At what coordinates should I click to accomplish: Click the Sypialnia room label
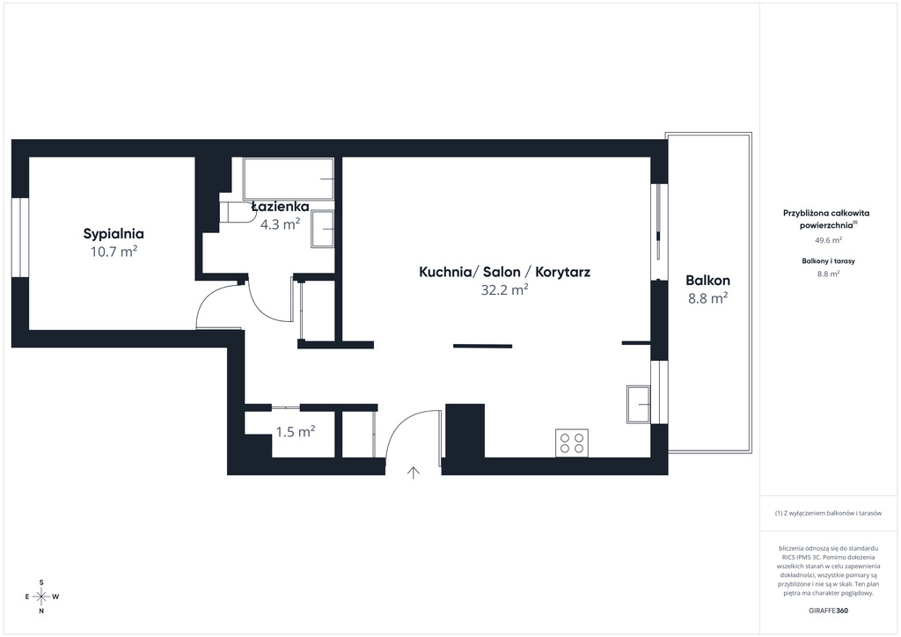tap(114, 234)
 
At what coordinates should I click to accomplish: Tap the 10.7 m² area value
tap(114, 251)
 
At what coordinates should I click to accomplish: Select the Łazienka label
tap(281, 206)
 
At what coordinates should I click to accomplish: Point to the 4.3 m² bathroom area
tap(281, 224)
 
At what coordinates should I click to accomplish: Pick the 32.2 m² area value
tap(504, 289)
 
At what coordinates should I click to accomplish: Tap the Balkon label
tap(708, 281)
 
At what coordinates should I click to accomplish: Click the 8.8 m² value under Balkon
tap(708, 298)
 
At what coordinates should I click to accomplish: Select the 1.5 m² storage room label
tap(296, 431)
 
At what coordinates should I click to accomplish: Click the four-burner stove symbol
tap(572, 443)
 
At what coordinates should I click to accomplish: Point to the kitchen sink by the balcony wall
tap(639, 405)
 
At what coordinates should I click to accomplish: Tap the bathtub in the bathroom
tap(289, 179)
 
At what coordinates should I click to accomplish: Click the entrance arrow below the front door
tap(414, 472)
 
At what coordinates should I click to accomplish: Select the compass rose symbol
tap(41, 597)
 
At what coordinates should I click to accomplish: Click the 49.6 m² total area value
tap(827, 240)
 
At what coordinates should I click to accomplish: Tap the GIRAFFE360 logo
tap(827, 611)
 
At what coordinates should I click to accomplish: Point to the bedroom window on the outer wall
tap(20, 238)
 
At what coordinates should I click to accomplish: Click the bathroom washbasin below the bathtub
tap(322, 229)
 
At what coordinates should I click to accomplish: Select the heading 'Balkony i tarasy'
tap(828, 260)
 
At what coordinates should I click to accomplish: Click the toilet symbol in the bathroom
tap(238, 211)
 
